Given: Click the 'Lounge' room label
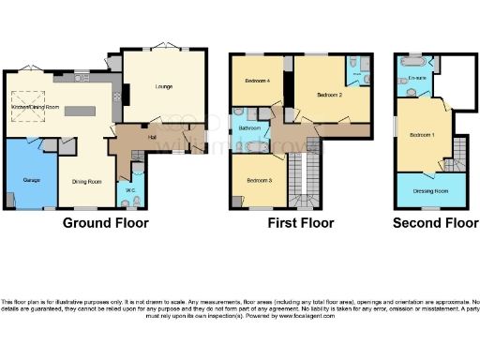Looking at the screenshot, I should pyautogui.click(x=157, y=86).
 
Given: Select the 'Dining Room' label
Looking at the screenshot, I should pyautogui.click(x=86, y=183).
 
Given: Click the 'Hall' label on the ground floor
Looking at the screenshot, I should pyautogui.click(x=150, y=137).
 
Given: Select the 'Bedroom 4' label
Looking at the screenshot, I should pyautogui.click(x=258, y=81).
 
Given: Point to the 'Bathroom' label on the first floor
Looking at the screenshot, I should pyautogui.click(x=249, y=127).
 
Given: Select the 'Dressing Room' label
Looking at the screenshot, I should pyautogui.click(x=428, y=190).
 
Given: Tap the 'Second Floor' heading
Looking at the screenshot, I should pyautogui.click(x=428, y=224).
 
